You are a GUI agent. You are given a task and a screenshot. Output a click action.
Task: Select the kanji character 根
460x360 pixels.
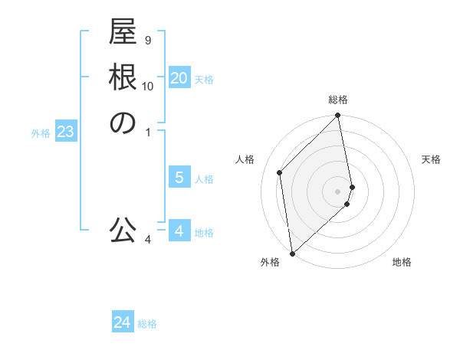pyautogui.click(x=123, y=79)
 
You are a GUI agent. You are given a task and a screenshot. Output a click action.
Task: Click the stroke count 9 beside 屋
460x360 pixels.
pyautogui.click(x=148, y=41)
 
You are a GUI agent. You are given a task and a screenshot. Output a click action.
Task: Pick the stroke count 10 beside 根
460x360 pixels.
pyautogui.click(x=148, y=86)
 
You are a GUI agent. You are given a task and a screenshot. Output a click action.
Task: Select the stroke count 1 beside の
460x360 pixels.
pyautogui.click(x=148, y=133)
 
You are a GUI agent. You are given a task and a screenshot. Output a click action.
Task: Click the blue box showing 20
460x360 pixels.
pyautogui.click(x=179, y=77)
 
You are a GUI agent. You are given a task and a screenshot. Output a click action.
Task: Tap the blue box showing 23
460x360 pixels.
pyautogui.click(x=65, y=132)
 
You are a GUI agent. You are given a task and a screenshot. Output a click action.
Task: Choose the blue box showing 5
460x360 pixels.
pyautogui.click(x=179, y=178)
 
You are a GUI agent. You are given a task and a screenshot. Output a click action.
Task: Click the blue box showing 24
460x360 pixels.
pyautogui.click(x=123, y=322)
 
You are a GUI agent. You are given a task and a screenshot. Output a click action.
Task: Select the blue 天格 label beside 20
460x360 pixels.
pyautogui.click(x=204, y=79)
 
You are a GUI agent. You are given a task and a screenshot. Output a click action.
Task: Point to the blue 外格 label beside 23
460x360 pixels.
pyautogui.click(x=41, y=133)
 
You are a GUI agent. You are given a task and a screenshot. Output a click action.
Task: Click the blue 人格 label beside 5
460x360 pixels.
pyautogui.click(x=204, y=179)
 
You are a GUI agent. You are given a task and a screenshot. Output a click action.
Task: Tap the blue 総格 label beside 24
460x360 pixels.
pyautogui.click(x=147, y=324)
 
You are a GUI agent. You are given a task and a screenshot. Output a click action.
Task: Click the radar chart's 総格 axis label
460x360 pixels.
pyautogui.click(x=338, y=100)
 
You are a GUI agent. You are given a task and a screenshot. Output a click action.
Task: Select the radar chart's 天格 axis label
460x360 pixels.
pyautogui.click(x=431, y=159)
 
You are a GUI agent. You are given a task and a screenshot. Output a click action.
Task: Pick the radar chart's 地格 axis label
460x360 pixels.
pyautogui.click(x=402, y=262)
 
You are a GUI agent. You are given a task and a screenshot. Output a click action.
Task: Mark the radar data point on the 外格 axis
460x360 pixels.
pyautogui.click(x=292, y=252)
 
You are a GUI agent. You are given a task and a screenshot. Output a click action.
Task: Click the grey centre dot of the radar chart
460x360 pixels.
pyautogui.click(x=338, y=191)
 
